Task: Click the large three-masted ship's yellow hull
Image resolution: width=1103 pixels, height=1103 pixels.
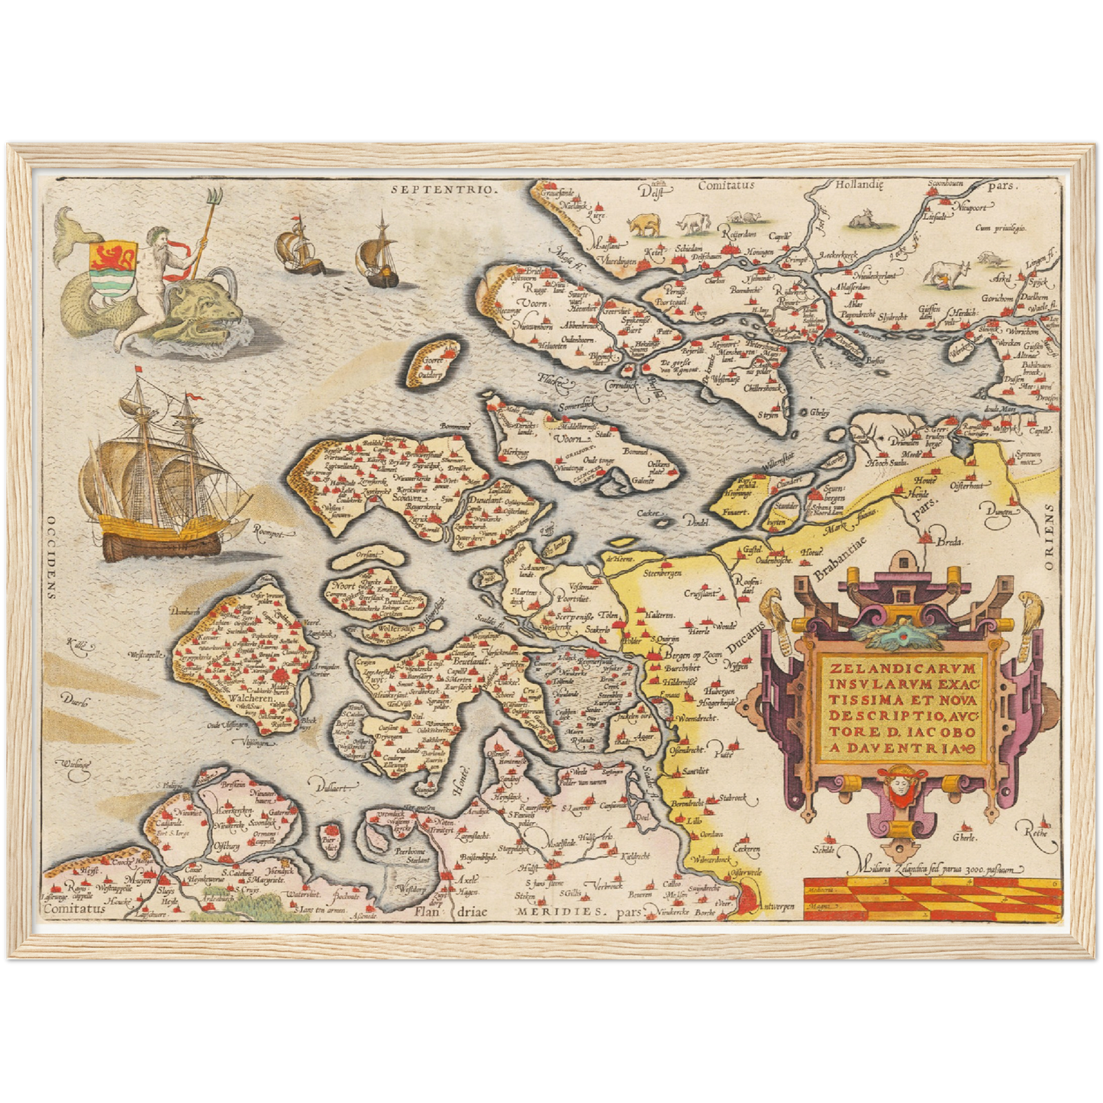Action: pyautogui.click(x=164, y=525)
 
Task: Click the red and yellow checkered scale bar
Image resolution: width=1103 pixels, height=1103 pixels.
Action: pyautogui.click(x=931, y=897)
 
